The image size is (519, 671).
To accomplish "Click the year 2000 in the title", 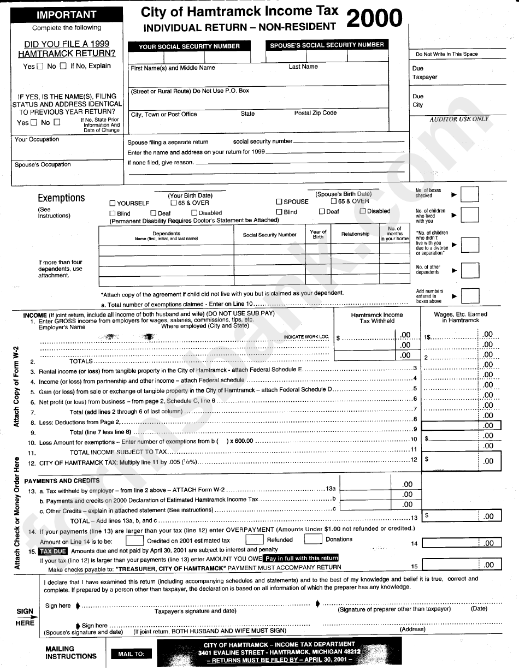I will click(x=374, y=19).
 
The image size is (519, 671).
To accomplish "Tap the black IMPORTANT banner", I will click(x=67, y=15).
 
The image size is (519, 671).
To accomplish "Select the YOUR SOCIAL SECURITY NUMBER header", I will click(x=189, y=46).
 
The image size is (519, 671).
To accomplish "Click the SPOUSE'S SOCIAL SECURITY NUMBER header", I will click(x=327, y=45).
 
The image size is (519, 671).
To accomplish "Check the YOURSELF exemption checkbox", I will click(x=113, y=204).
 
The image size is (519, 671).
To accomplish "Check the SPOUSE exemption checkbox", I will click(x=279, y=202).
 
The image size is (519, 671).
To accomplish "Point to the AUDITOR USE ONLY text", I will click(x=459, y=119).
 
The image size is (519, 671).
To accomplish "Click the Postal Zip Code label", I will click(x=315, y=113).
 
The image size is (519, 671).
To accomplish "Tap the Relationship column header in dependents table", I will click(x=355, y=234).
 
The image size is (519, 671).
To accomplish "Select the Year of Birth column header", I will click(x=318, y=234).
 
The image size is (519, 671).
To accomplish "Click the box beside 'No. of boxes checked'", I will click(x=470, y=194).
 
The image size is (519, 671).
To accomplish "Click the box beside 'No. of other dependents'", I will click(x=470, y=270).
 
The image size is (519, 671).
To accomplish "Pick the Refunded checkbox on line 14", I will click(x=255, y=539).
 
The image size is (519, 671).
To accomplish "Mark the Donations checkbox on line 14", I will click(x=312, y=539).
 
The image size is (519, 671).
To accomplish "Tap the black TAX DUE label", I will click(x=53, y=551).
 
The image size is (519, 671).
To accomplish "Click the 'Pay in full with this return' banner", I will click(x=302, y=559).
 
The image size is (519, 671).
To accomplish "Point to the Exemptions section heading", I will click(x=61, y=198).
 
